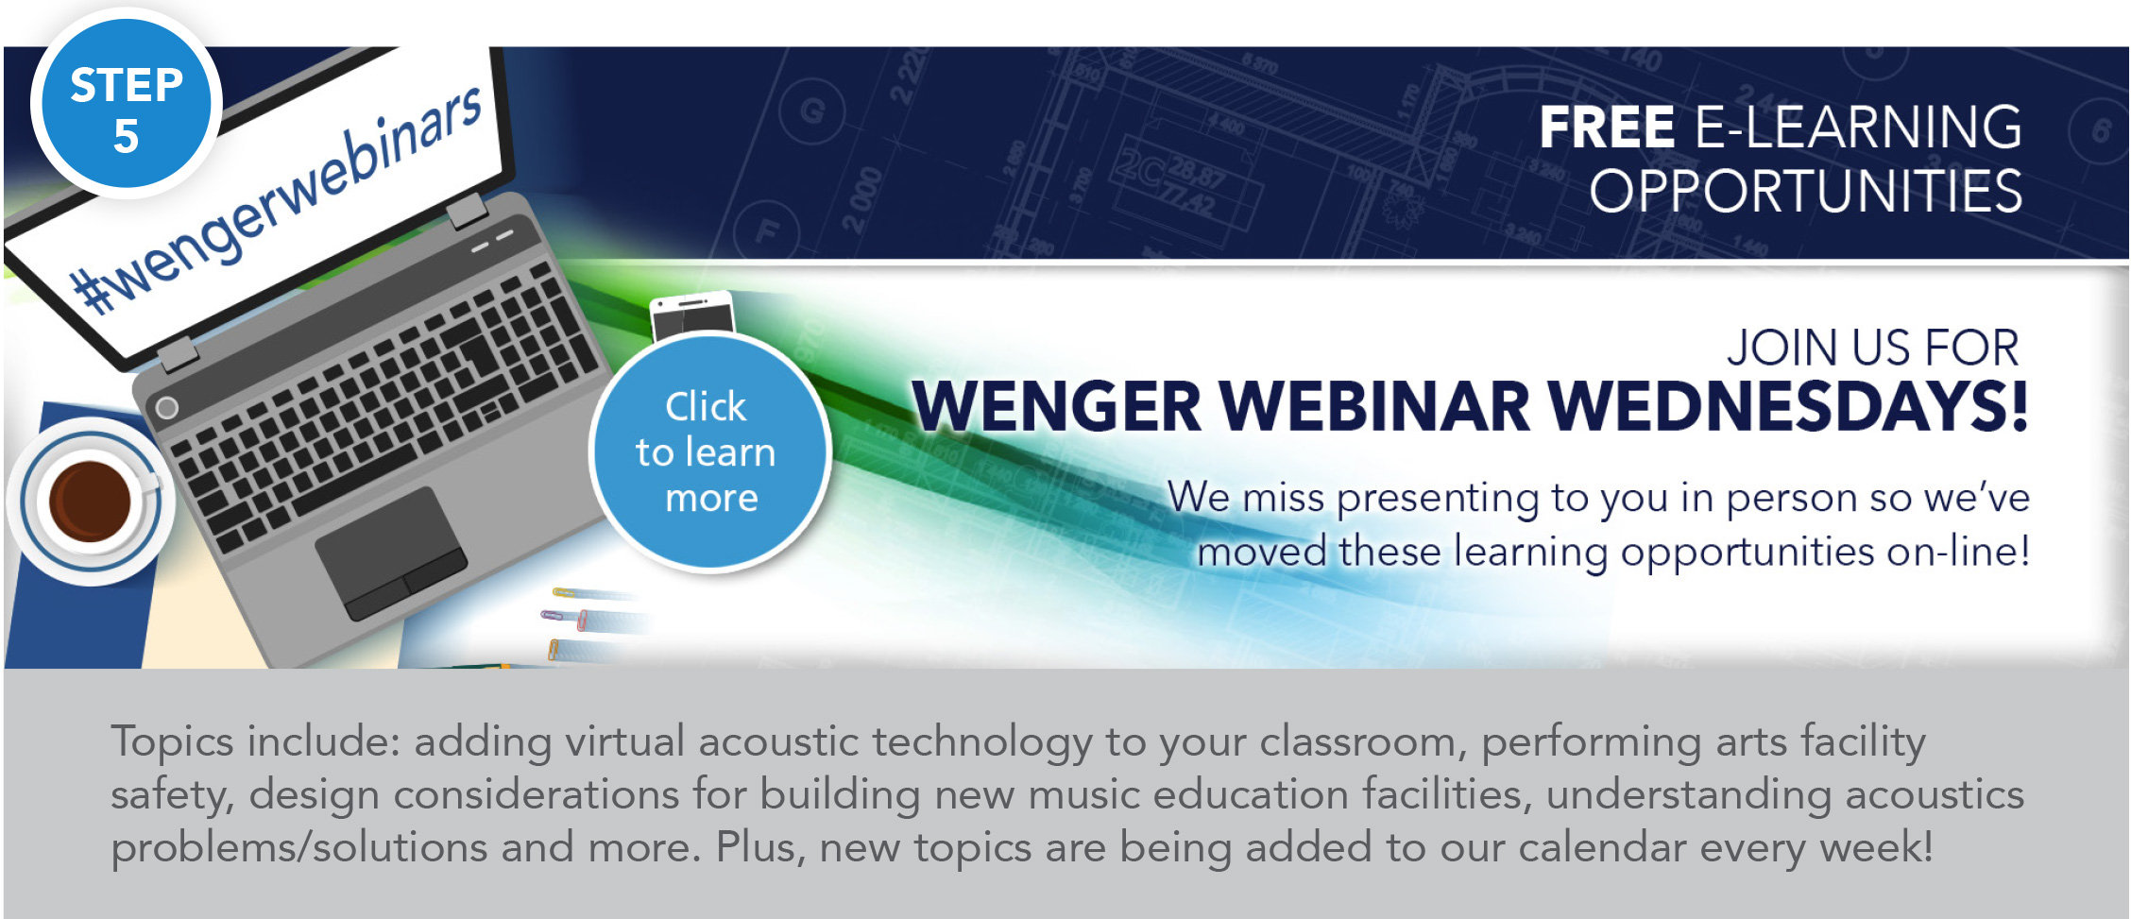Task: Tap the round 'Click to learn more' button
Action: tap(709, 452)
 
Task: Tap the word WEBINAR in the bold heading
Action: tap(1374, 407)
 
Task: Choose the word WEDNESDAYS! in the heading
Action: tap(1788, 407)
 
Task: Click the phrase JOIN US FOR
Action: tap(1873, 348)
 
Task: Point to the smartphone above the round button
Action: tap(692, 315)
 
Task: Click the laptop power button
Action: tap(166, 408)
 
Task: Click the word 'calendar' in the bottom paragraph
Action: tap(1602, 847)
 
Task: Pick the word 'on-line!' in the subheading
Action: tap(1958, 552)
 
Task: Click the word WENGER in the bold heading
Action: tap(1057, 407)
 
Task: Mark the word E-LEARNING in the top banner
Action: tap(1859, 128)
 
